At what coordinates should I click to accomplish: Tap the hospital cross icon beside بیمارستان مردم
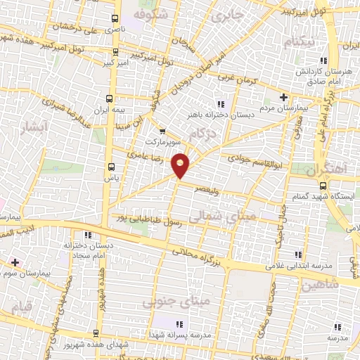click(283, 97)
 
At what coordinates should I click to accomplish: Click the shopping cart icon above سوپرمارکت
click(162, 131)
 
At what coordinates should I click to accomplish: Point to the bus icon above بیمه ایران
click(109, 98)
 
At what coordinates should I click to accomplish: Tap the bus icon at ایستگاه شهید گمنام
click(323, 186)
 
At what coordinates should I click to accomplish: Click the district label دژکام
click(202, 134)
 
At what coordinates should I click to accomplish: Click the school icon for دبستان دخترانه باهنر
click(221, 104)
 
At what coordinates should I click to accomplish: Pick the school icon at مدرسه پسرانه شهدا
click(179, 324)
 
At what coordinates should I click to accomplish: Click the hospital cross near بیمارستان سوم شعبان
click(14, 262)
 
